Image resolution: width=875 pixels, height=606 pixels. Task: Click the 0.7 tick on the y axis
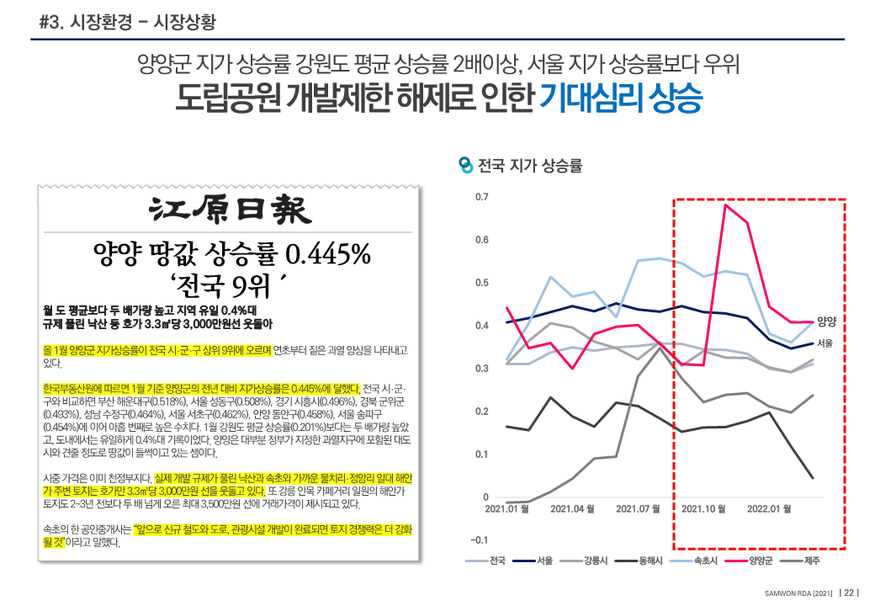point(481,197)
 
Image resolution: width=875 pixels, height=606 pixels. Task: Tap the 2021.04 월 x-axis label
point(572,508)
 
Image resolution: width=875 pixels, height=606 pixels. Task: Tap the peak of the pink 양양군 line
point(725,205)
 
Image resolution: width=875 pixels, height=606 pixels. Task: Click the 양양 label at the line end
point(826,321)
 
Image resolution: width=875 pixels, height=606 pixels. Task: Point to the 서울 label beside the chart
point(825,343)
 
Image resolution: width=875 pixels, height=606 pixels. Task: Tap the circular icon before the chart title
point(465,165)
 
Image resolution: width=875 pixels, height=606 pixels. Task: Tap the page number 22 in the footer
point(850,592)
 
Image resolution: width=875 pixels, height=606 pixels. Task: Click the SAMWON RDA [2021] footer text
point(798,592)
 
